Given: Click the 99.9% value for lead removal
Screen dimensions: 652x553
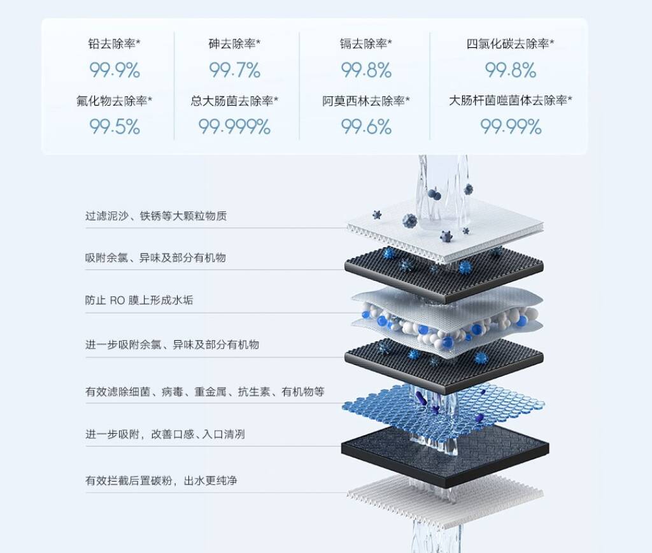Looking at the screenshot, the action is click(x=115, y=70).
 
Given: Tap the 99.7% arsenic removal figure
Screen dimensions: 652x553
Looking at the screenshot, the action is click(x=234, y=70).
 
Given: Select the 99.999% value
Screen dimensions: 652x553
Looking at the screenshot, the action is click(x=234, y=127).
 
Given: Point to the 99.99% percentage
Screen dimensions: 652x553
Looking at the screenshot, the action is click(x=511, y=127).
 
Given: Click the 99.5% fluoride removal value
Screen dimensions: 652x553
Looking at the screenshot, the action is click(x=115, y=127).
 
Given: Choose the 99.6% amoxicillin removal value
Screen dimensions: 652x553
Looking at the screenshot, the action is click(x=366, y=127).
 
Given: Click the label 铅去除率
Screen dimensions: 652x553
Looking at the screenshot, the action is click(x=112, y=43).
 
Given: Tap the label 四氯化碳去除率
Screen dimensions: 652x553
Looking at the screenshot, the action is click(x=507, y=43).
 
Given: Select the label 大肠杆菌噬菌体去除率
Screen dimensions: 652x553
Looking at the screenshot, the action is click(x=507, y=100).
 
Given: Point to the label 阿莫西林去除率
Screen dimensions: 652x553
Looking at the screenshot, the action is click(x=364, y=100).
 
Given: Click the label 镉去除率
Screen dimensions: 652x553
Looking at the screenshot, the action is click(x=364, y=43).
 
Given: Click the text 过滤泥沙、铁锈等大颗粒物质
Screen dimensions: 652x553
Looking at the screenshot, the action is click(x=156, y=216).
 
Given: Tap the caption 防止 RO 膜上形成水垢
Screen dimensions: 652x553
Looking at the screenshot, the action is click(x=139, y=300).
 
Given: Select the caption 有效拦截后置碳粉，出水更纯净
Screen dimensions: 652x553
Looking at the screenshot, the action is click(x=161, y=480).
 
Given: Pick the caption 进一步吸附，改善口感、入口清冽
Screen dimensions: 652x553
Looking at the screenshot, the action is click(x=165, y=434).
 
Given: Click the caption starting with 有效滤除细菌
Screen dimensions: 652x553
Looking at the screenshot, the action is click(x=204, y=392).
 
